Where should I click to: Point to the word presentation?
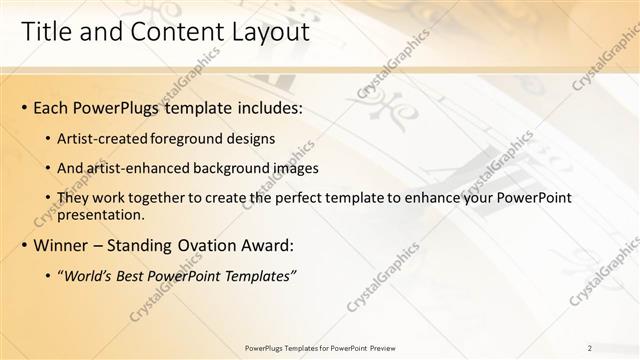coord(101,214)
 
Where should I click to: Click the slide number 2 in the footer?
coord(590,347)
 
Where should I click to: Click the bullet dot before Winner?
coord(24,245)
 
